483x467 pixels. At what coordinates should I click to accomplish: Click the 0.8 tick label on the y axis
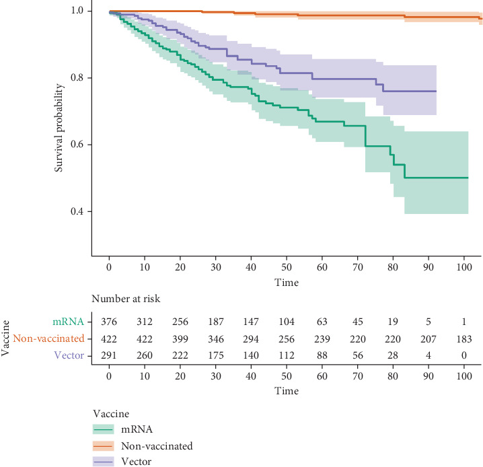pos(78,78)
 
